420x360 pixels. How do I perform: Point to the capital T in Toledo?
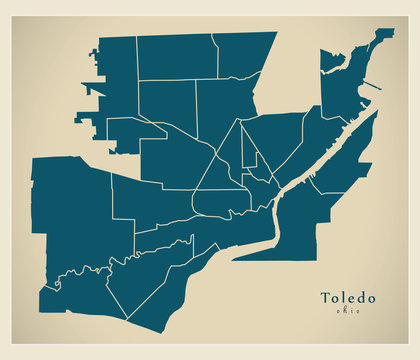(x=324, y=298)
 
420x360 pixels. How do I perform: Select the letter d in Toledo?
(x=362, y=298)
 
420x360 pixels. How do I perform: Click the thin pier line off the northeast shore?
(x=370, y=87)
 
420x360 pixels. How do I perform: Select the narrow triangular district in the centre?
(x=248, y=150)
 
